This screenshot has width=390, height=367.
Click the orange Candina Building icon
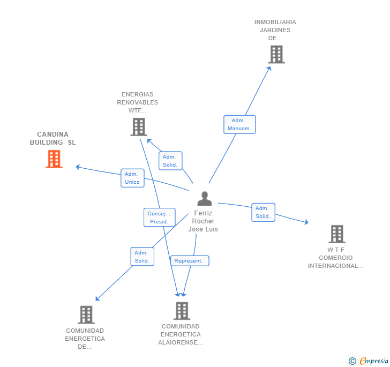pos(54,159)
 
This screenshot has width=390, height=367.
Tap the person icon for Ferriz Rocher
pos(204,198)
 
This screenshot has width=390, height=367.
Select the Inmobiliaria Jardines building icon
pos(276,54)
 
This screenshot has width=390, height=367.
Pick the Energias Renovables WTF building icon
pos(138,127)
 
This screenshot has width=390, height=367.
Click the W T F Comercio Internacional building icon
pos(336,234)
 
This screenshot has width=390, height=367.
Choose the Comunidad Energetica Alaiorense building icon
pos(182,311)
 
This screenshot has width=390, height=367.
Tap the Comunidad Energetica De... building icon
pos(86,315)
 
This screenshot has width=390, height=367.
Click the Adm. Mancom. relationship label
pos(239,124)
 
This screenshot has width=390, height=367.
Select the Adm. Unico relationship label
pos(132,178)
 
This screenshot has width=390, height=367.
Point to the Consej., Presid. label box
pos(159,217)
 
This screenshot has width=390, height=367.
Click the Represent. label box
pos(189,261)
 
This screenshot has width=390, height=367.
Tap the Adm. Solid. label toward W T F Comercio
pos(263,212)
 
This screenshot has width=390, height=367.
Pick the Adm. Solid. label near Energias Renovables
pos(170,161)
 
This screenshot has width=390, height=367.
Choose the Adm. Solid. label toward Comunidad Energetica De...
pos(142,257)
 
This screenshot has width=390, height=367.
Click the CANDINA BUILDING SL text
pos(53,138)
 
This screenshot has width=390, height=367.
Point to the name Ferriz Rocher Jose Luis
pos(203,221)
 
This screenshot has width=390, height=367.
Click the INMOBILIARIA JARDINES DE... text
pos(275,30)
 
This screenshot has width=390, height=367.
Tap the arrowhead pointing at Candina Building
pos(78,167)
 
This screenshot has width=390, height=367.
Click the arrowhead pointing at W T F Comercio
pos(306,222)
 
